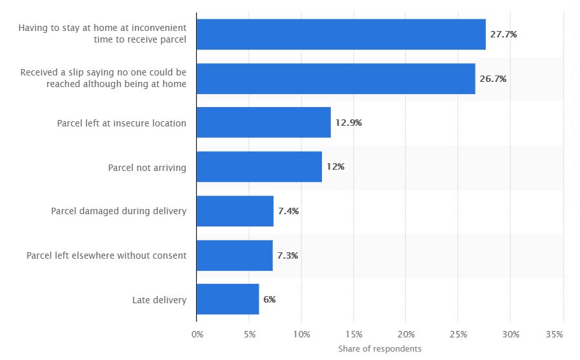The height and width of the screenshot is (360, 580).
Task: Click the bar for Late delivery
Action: coord(228,299)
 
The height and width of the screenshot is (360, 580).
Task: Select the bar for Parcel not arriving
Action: coord(259,167)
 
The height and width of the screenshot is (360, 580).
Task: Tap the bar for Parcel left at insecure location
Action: coord(263,123)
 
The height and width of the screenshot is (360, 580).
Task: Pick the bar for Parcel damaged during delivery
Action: coord(235,211)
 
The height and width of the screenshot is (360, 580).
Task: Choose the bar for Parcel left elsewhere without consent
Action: coord(234,255)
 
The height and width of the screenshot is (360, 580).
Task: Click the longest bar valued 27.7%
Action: coord(341,34)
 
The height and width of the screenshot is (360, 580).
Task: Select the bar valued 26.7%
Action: coord(335,79)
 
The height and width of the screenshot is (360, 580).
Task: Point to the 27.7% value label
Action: coord(503,34)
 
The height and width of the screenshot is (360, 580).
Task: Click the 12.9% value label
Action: coord(348,123)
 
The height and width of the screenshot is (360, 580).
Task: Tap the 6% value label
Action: coord(270,299)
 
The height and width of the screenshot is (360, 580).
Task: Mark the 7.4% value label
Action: coord(288,211)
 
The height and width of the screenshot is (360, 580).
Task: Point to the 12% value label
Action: coord(335,167)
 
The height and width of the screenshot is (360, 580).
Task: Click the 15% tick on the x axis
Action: coord(354,334)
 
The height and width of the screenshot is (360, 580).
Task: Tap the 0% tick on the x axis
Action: coord(197,334)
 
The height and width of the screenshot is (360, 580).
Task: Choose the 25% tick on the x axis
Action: coord(458,334)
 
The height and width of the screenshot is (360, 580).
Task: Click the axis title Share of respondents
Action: coord(379,348)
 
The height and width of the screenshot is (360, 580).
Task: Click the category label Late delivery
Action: coord(159,299)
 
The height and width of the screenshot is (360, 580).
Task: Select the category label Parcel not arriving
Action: coord(147,167)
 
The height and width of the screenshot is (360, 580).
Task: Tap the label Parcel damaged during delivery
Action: coord(119,211)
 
